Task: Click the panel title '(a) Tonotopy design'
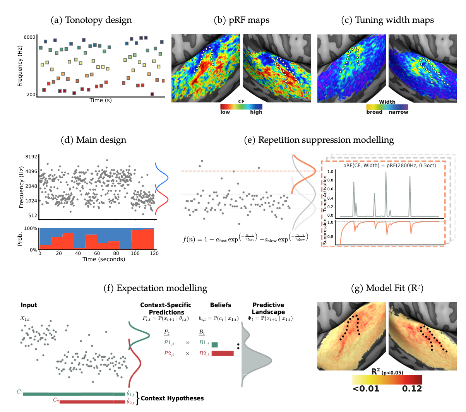point(91,20)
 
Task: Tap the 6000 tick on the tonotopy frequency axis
point(30,37)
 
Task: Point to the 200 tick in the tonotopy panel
point(31,94)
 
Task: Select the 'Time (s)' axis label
point(101,100)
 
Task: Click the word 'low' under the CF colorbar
point(225,112)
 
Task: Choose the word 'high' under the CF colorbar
point(256,112)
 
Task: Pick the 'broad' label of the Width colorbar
point(374,112)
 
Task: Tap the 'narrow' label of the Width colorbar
point(398,112)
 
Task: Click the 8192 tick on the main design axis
point(31,157)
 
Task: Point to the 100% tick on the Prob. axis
point(31,229)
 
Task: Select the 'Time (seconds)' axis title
point(104,259)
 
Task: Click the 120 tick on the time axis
point(154,253)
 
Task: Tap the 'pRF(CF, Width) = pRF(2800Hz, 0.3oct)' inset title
point(389,166)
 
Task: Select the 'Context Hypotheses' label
point(172,398)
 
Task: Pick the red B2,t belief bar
point(223,353)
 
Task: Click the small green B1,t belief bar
point(215,345)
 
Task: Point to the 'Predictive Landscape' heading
point(268,308)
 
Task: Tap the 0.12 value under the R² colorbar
point(412,388)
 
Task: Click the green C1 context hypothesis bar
point(74,394)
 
